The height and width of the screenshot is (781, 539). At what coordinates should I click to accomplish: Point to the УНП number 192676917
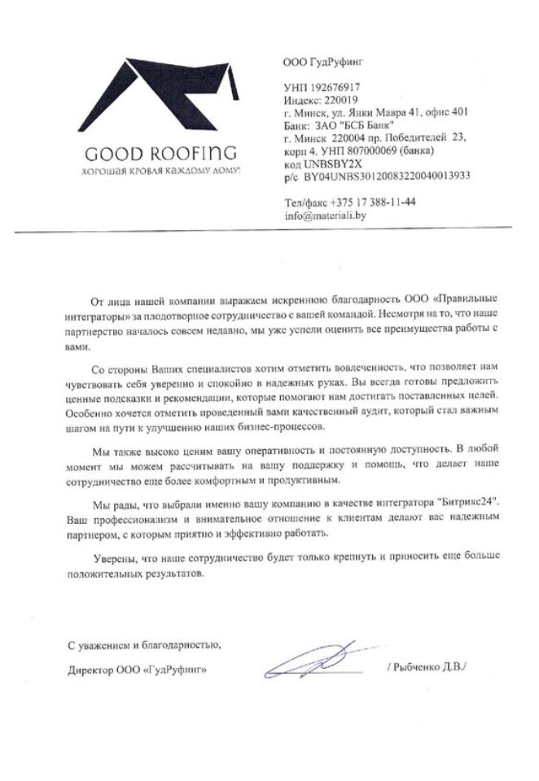coord(335,85)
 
